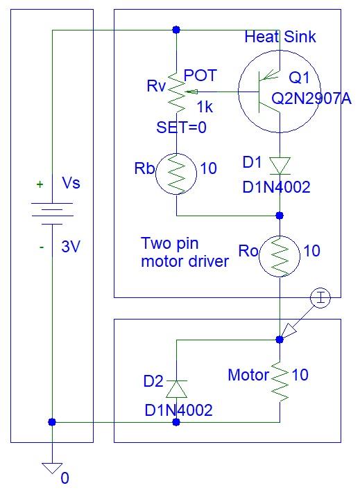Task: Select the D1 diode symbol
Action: point(279,165)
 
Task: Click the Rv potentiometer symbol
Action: point(177,93)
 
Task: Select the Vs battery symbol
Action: point(52,211)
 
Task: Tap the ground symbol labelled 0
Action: point(51,468)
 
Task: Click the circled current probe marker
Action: point(320,299)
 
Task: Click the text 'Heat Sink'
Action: point(280,37)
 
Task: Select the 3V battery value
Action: point(71,246)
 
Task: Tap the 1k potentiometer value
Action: point(205,108)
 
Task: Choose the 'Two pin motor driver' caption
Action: point(185,252)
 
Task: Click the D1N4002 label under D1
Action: point(275,187)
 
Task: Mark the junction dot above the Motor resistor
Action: point(280,340)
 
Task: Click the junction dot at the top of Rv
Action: point(176,30)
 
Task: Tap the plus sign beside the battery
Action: point(40,184)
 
